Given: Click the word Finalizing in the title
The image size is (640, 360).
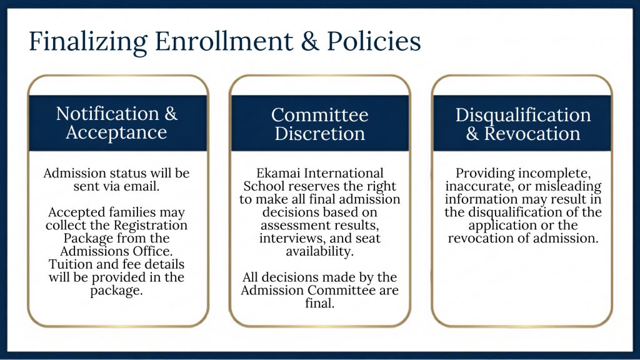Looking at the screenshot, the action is pyautogui.click(x=87, y=42).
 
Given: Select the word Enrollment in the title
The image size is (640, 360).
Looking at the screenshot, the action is pyautogui.click(x=224, y=41).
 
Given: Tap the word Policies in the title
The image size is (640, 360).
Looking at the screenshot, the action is pyautogui.click(x=374, y=41).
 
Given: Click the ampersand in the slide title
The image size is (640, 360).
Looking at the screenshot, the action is pyautogui.click(x=310, y=41).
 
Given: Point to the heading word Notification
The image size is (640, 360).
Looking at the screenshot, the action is pyautogui.click(x=107, y=114).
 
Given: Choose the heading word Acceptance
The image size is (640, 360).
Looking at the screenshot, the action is pyautogui.click(x=116, y=132).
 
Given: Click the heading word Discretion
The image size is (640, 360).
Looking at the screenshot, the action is pyautogui.click(x=319, y=134).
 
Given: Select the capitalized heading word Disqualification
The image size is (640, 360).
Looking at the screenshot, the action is pyautogui.click(x=523, y=116).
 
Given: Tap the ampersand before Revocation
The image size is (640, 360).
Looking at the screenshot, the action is pyautogui.click(x=472, y=134).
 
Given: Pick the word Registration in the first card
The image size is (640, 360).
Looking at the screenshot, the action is pyautogui.click(x=151, y=226).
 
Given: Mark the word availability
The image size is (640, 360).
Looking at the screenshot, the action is pyautogui.click(x=319, y=251).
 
